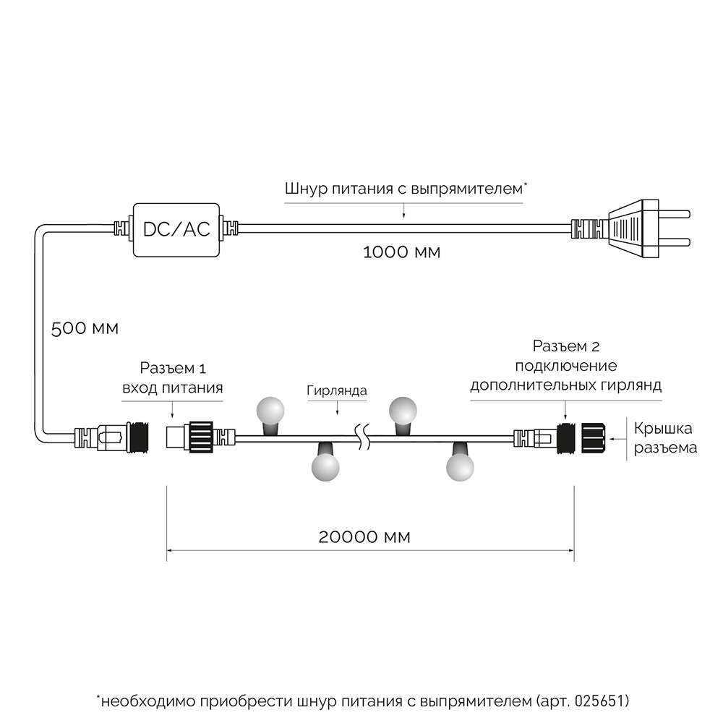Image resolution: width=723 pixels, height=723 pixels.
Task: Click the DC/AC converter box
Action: click(176, 229)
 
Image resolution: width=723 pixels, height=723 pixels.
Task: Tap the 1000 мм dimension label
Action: click(401, 253)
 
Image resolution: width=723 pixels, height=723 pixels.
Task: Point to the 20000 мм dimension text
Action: click(364, 536)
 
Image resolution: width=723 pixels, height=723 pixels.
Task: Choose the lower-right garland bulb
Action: click(460, 466)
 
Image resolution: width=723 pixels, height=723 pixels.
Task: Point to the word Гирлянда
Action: click(336, 391)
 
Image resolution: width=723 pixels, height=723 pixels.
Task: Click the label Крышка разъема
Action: click(665, 437)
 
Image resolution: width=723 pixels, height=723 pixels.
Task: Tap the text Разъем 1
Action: click(171, 369)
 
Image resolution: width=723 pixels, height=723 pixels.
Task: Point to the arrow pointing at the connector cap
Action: click(618, 437)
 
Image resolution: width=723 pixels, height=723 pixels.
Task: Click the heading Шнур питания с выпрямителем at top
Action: click(405, 189)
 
